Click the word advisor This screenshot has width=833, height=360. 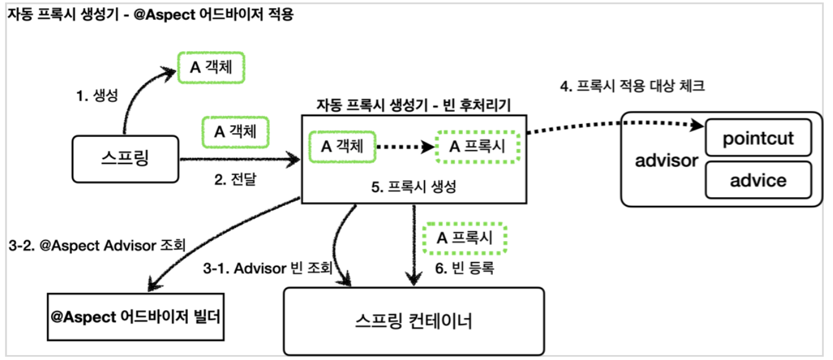tap(666, 161)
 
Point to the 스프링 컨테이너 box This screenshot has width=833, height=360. tap(414, 321)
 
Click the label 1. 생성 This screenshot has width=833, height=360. tap(96, 97)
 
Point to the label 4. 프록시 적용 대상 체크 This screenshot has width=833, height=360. tap(632, 86)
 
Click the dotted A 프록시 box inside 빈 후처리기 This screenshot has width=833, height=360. tap(477, 147)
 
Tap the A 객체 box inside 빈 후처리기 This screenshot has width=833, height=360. tap(342, 147)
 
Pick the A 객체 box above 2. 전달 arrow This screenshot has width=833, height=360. tap(236, 131)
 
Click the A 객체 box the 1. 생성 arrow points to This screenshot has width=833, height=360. tap(211, 67)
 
